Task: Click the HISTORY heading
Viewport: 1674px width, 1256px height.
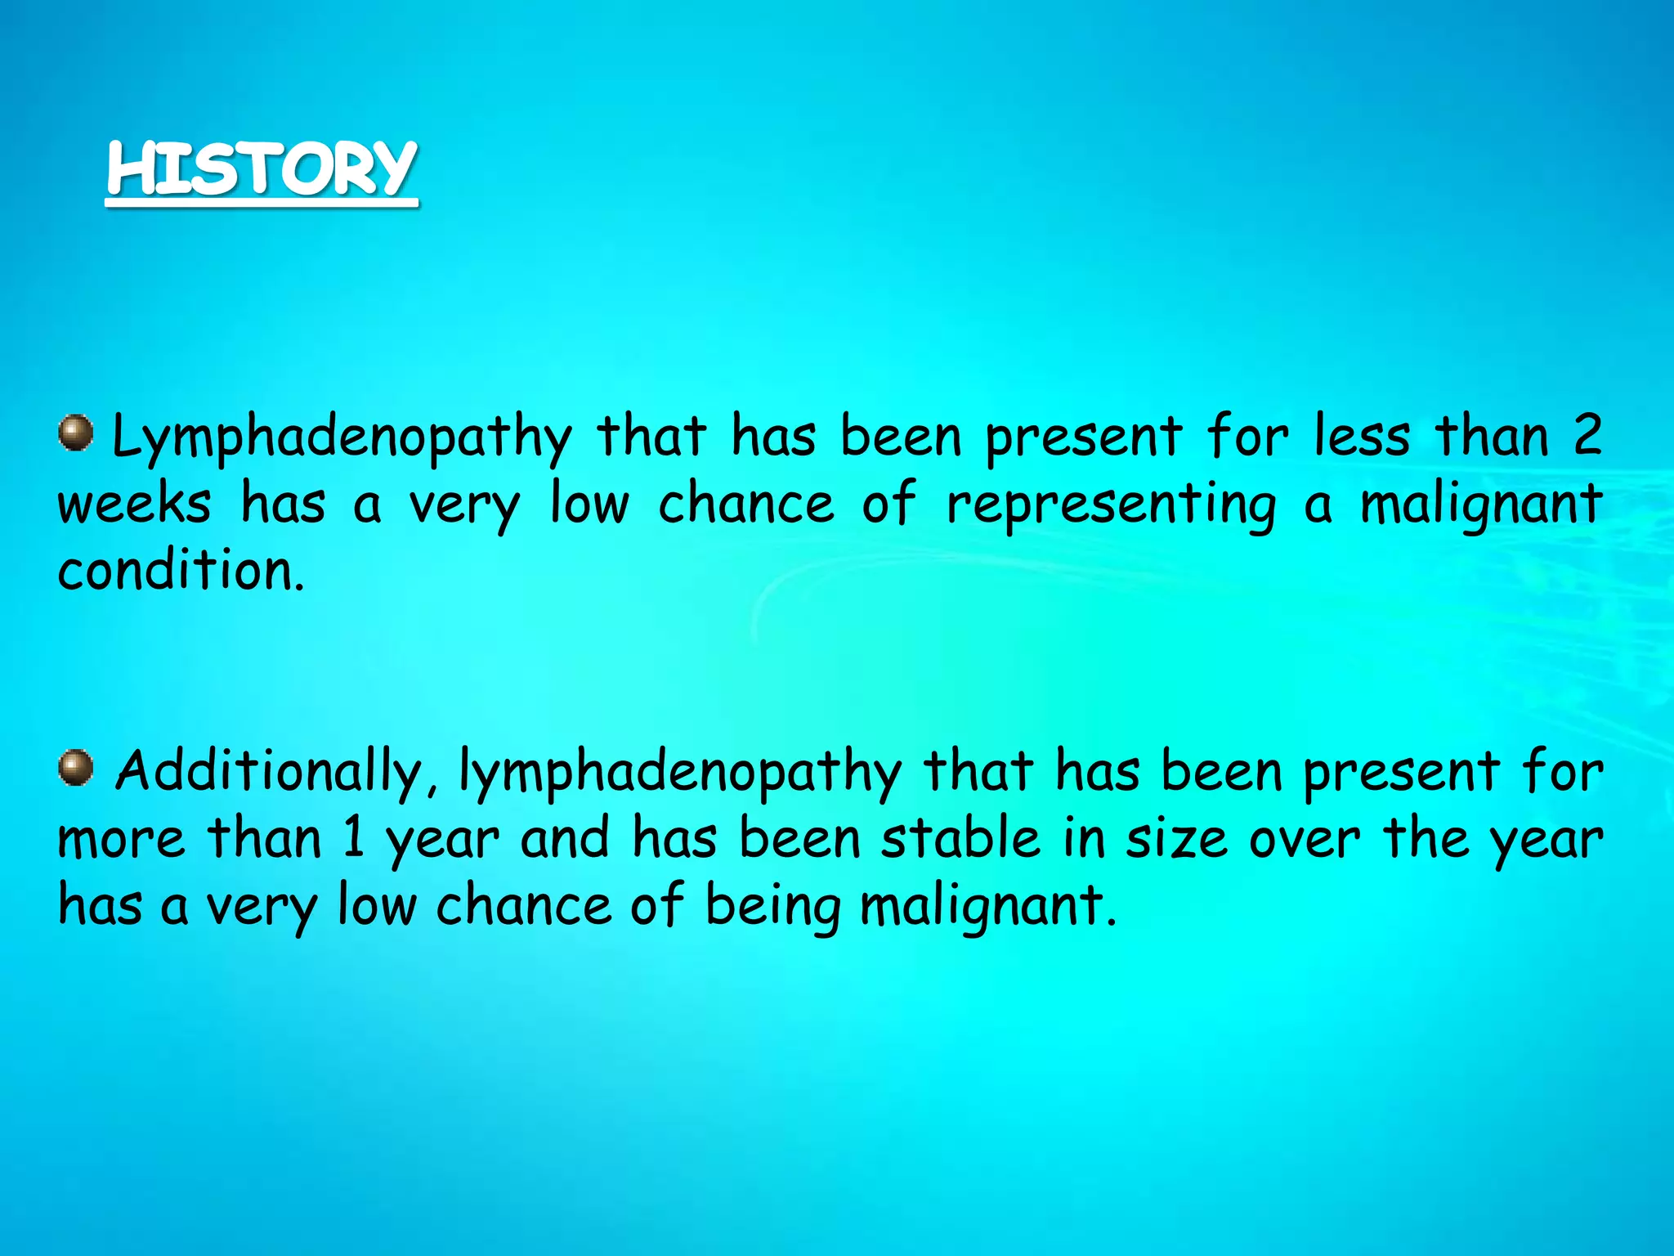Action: click(x=262, y=169)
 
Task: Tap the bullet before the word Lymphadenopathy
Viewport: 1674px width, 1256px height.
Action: click(x=76, y=433)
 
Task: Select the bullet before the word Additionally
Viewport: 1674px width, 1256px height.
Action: click(x=76, y=768)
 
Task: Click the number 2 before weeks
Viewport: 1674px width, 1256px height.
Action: click(x=1586, y=435)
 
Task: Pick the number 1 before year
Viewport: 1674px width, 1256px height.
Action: click(x=354, y=839)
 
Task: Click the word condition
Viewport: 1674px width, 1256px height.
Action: click(x=181, y=570)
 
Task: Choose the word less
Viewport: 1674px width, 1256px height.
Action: click(x=1362, y=435)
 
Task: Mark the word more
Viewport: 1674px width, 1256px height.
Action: click(x=121, y=840)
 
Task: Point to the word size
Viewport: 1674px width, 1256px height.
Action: click(x=1176, y=840)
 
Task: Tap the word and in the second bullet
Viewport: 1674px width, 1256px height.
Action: click(x=566, y=839)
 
